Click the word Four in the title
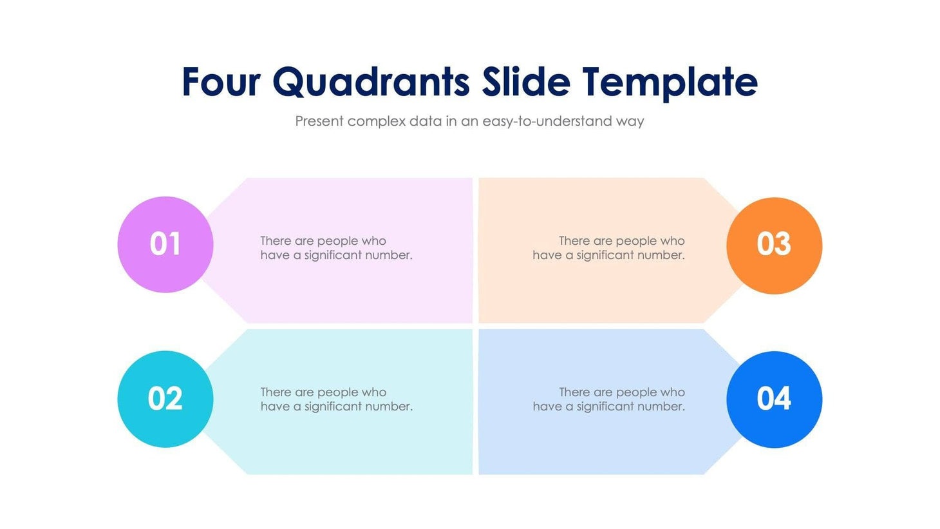coord(221,82)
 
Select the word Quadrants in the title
coord(371,82)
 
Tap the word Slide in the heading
coord(526,82)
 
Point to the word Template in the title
coord(670,82)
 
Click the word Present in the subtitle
coord(319,121)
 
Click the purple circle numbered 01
coord(165,245)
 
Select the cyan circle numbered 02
coord(165,399)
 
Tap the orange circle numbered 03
coord(774,245)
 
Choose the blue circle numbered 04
coord(774,399)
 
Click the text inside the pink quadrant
coord(336,248)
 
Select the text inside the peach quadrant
coord(608,248)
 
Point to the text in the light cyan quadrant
coord(336,399)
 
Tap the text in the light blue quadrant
coord(608,399)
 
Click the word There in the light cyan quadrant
coord(276,392)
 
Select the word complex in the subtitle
coord(377,121)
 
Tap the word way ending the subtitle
coord(630,121)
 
